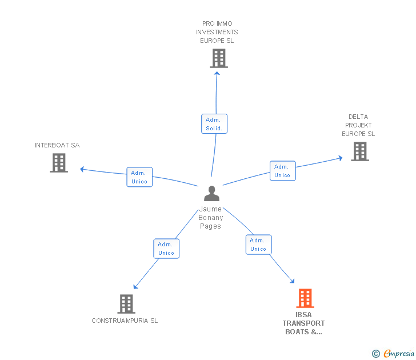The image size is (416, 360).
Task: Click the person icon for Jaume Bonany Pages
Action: coord(211,193)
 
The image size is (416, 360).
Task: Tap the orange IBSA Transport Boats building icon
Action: coord(305,298)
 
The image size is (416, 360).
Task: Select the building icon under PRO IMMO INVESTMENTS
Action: coord(219,58)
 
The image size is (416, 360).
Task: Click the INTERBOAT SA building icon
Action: coord(59,163)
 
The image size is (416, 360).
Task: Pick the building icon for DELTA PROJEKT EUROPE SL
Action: coord(360,151)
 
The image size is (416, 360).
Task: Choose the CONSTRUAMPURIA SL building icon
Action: coord(126,304)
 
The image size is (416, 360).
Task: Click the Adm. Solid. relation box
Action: coord(214,123)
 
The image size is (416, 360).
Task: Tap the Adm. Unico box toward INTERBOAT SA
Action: coord(139,177)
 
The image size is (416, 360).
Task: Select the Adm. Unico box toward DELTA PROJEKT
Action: coord(282,171)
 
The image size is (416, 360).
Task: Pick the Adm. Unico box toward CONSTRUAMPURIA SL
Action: coord(166,249)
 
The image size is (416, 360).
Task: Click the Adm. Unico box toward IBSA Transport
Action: coord(258,245)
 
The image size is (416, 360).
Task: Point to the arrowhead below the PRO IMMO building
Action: coord(217,74)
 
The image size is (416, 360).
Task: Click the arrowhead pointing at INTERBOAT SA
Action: coord(82,169)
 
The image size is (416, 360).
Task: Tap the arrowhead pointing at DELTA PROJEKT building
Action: coord(341,158)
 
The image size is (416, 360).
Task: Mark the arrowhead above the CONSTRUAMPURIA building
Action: coord(135,287)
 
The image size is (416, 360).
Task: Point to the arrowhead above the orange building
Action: coord(293,281)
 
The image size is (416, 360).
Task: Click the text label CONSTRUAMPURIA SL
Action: coord(125,321)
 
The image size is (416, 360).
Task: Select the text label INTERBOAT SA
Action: coord(57,145)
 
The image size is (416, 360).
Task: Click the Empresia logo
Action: coord(399,354)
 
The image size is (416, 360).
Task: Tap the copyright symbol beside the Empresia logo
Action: coord(376,354)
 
